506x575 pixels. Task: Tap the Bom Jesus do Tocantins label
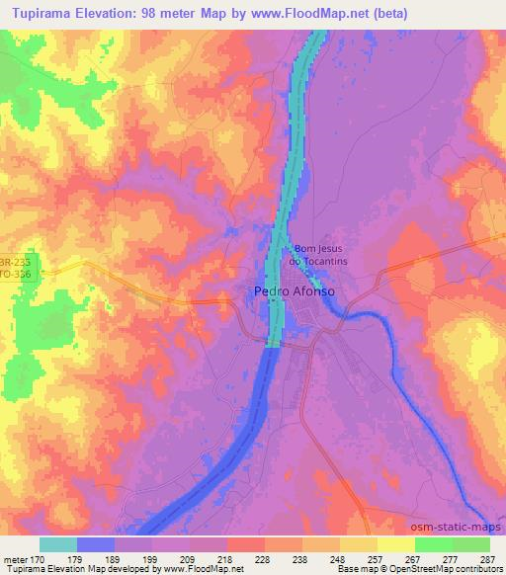(316, 255)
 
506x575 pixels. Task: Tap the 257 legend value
(377, 558)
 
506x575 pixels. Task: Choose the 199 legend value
(151, 558)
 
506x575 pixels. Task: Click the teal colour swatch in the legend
(57, 544)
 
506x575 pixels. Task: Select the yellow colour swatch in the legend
(395, 544)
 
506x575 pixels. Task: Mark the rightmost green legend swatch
(470, 544)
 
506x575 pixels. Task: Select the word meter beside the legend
(15, 558)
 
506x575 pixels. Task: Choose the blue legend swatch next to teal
(95, 544)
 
